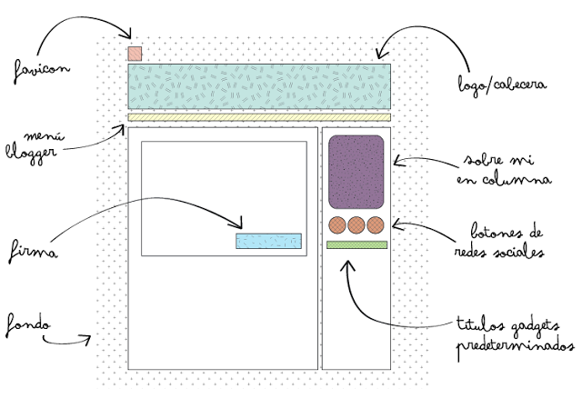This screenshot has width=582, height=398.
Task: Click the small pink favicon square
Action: coord(135,53)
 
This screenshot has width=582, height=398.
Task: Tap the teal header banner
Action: coord(259,86)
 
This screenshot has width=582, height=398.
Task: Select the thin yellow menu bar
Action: coord(259,117)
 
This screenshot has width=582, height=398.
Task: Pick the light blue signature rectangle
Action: coord(268,241)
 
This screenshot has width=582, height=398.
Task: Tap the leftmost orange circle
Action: coord(337,225)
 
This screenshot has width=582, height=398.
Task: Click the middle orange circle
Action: coord(356,225)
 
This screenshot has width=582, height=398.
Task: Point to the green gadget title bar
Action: coord(356,244)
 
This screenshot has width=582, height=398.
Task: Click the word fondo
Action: coord(27,323)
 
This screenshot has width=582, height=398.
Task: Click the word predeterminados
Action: coord(516,346)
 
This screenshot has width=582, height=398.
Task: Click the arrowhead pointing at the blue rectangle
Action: coord(240,224)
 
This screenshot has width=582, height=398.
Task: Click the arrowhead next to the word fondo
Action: coord(89,340)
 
